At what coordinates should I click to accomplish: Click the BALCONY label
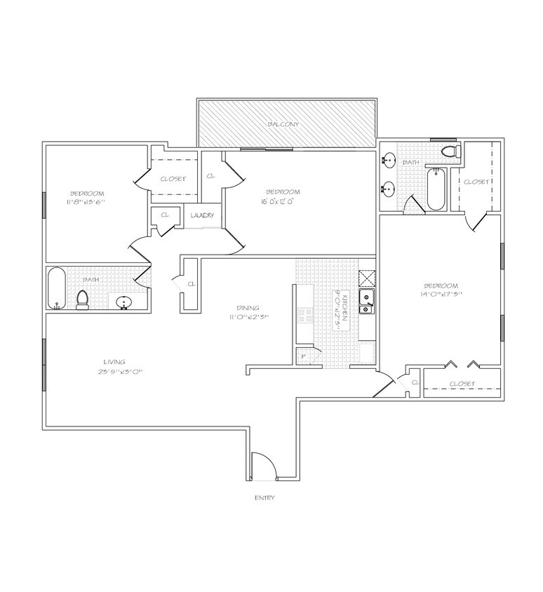coord(283,124)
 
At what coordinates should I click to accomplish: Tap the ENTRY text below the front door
coord(264,497)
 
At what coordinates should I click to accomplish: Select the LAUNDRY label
coord(202,215)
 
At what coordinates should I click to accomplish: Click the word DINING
coord(248,307)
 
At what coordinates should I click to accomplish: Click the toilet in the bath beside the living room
coord(82,300)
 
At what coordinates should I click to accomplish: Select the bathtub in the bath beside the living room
coord(56,288)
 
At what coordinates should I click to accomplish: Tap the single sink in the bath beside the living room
coord(124,303)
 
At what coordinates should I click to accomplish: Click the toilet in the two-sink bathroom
coord(450,151)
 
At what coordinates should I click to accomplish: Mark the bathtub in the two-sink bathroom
coord(436,188)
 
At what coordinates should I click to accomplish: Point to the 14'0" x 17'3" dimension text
coord(441,295)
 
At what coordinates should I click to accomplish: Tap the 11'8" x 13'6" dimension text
coord(87,202)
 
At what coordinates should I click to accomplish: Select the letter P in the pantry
coord(304,356)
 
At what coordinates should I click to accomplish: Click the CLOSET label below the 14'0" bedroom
coord(461,384)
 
